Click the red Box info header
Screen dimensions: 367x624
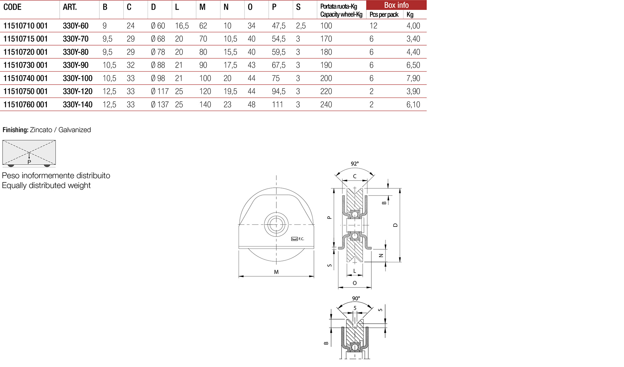[x=396, y=5]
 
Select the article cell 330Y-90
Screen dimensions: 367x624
[x=76, y=65]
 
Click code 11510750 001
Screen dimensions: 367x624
[x=26, y=91]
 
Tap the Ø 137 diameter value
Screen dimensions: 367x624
[x=160, y=104]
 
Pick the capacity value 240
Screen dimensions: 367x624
[x=326, y=104]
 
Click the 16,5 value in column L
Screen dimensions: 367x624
[x=182, y=26]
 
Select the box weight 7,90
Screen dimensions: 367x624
[x=413, y=78]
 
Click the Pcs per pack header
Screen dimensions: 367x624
[x=384, y=14]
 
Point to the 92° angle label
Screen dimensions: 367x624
[x=355, y=164]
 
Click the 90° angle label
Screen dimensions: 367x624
[x=356, y=298]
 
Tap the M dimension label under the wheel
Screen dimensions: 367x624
[x=276, y=272]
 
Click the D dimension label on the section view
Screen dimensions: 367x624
[x=395, y=225]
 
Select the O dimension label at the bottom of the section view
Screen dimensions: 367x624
[x=355, y=283]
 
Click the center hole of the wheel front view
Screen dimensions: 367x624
[x=276, y=224]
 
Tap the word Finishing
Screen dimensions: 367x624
[x=15, y=130]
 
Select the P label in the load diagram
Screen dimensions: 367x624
[x=29, y=162]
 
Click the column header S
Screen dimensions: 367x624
[x=298, y=7]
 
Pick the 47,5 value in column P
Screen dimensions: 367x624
[x=278, y=26]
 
